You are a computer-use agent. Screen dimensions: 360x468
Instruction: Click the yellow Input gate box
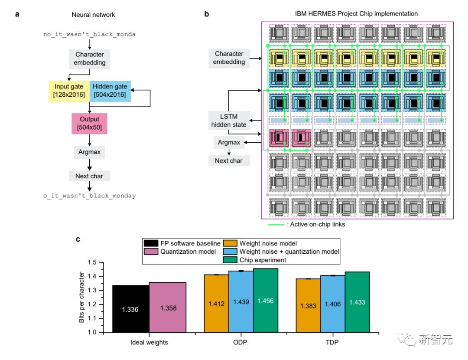[68, 91]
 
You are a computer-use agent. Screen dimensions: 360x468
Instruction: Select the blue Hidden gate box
[110, 91]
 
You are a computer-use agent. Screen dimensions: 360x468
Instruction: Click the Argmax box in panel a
[89, 152]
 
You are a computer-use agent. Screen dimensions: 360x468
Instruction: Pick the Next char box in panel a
[89, 176]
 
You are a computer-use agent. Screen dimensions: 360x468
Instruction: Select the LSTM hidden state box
[228, 121]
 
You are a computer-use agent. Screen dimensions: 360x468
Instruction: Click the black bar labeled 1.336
[130, 308]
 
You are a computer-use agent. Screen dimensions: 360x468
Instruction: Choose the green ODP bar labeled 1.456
[266, 300]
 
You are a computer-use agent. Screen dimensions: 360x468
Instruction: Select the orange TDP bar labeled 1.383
[308, 305]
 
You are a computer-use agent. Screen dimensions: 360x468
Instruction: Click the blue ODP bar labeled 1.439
[241, 301]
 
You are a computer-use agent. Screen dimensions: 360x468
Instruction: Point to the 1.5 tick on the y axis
[92, 262]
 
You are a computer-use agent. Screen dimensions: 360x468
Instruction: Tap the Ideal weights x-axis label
[149, 342]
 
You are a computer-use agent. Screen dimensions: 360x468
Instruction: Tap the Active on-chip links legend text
[315, 224]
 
